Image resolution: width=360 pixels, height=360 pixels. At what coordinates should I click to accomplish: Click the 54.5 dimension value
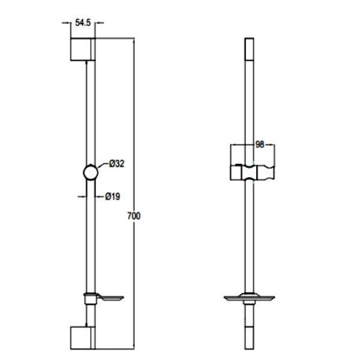[x=83, y=23]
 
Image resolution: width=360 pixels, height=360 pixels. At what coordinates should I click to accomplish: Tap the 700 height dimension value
[x=134, y=216]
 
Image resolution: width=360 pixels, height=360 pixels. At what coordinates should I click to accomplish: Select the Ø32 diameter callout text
[x=116, y=164]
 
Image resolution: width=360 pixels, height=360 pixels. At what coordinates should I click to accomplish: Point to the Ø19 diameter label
[x=113, y=197]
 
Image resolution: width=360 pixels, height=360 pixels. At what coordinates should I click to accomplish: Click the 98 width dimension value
[x=260, y=145]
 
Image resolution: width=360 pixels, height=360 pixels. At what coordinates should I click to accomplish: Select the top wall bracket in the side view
[x=83, y=49]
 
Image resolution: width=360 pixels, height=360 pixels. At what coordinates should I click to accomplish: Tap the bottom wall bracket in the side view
[x=83, y=338]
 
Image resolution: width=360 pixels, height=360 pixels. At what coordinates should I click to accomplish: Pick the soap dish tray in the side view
[x=110, y=298]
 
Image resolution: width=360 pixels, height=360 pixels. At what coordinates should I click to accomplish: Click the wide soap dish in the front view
[x=250, y=298]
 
